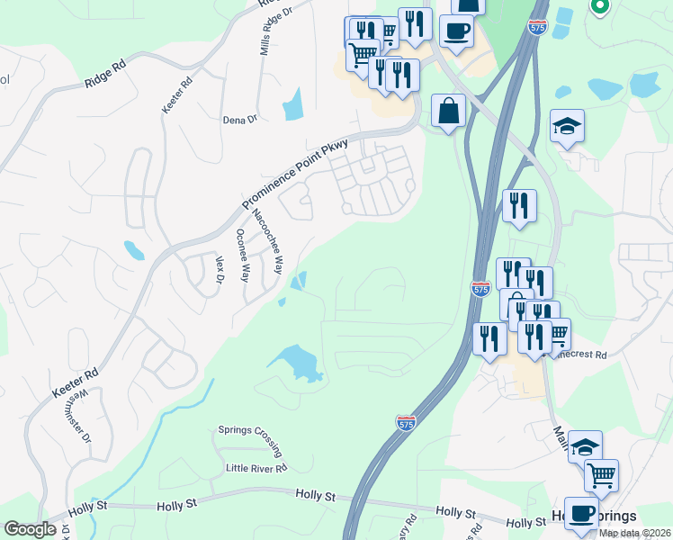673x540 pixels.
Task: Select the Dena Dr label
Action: [x=240, y=119]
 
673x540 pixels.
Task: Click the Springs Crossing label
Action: [x=251, y=430]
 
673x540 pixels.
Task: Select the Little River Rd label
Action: [x=256, y=468]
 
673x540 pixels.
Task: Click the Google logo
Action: [x=30, y=529]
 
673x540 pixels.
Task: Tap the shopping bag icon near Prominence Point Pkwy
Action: [x=447, y=112]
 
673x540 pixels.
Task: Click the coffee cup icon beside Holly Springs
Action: [x=581, y=514]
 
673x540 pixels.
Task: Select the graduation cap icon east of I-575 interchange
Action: [x=568, y=127]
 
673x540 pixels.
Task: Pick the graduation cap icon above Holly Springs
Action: [x=585, y=447]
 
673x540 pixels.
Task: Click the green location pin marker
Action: [x=600, y=6]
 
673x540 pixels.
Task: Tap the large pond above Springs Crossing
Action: [x=294, y=362]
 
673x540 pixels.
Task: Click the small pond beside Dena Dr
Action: [x=293, y=105]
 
